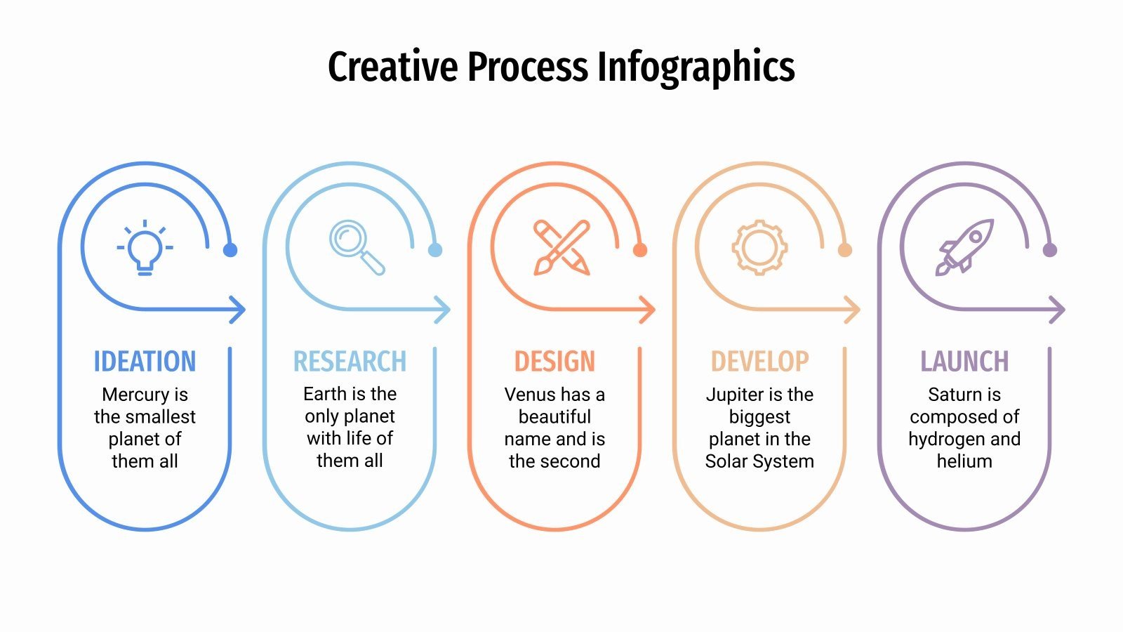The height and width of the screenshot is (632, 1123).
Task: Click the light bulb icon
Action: click(145, 247)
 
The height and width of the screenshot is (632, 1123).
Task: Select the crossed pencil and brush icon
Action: click(561, 247)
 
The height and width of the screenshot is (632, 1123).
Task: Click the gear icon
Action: click(759, 247)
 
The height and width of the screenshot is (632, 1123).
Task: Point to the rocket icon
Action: click(965, 246)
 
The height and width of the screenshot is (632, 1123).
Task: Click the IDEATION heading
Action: click(145, 362)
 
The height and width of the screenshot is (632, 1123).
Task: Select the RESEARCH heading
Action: click(350, 362)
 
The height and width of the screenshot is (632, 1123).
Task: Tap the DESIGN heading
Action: click(554, 362)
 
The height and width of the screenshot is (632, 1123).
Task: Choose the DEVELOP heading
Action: click(759, 362)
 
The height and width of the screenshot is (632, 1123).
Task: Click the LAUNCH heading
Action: click(964, 362)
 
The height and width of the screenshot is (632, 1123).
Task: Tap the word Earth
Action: click(324, 394)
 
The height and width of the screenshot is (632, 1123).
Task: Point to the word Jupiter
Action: click(734, 395)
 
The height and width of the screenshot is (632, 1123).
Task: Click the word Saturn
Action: click(954, 395)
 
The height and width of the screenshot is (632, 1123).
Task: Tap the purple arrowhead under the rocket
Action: click(1058, 310)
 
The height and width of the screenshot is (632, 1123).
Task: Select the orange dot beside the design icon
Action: click(639, 250)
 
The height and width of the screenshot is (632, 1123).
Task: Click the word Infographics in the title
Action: click(696, 67)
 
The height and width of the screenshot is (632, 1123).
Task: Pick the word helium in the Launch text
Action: click(964, 461)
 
